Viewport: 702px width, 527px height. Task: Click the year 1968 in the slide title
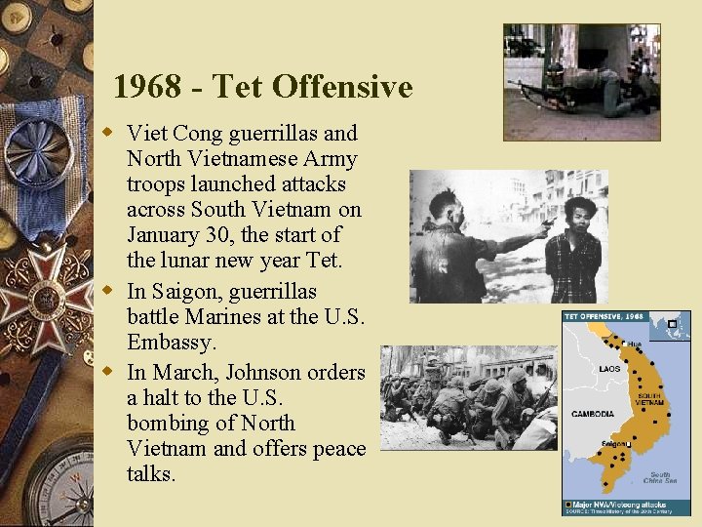coord(146,87)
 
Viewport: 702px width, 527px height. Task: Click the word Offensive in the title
coord(342,87)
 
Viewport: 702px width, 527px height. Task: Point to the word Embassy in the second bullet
coord(172,343)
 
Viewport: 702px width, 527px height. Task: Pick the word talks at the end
coord(151,474)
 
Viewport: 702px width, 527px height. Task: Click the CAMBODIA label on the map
coord(592,414)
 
